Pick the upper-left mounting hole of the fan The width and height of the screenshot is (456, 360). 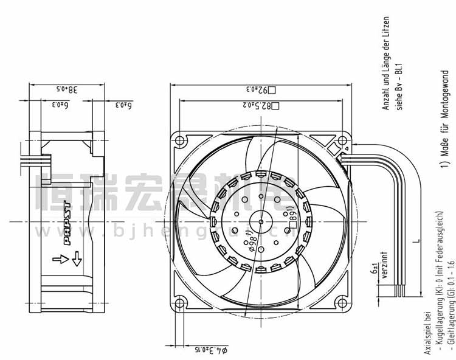(180, 141)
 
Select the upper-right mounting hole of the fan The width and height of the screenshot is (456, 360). (342, 141)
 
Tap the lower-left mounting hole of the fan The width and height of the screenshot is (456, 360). (180, 302)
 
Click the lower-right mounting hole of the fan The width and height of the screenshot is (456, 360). (342, 302)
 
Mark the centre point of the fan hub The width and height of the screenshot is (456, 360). (261, 221)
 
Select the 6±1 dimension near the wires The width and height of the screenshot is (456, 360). (373, 268)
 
